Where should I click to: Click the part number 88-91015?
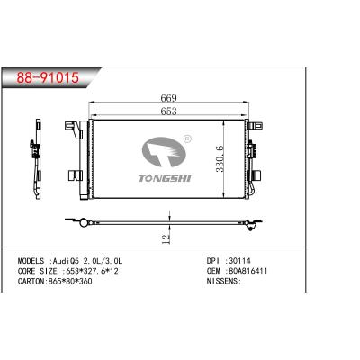pyautogui.click(x=48, y=77)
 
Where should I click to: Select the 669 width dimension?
pyautogui.click(x=168, y=98)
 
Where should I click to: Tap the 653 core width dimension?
pyautogui.click(x=168, y=112)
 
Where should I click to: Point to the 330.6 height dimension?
pyautogui.click(x=220, y=159)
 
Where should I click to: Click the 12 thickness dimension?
pyautogui.click(x=166, y=238)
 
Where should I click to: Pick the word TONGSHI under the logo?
pyautogui.click(x=165, y=178)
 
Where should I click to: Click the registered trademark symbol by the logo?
pyautogui.click(x=187, y=139)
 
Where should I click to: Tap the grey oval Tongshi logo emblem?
pyautogui.click(x=164, y=152)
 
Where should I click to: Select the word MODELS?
pyautogui.click(x=31, y=261)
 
